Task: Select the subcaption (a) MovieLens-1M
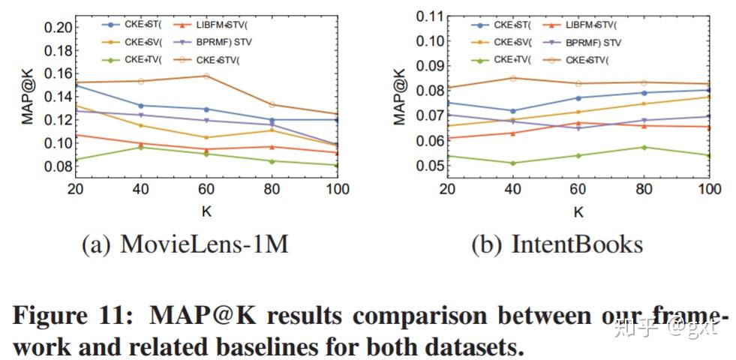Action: pos(185,244)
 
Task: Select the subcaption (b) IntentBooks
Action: pos(557,244)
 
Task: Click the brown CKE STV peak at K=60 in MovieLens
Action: pos(206,76)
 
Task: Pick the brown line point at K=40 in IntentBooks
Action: pos(512,78)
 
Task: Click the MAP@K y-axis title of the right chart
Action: pos(401,96)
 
